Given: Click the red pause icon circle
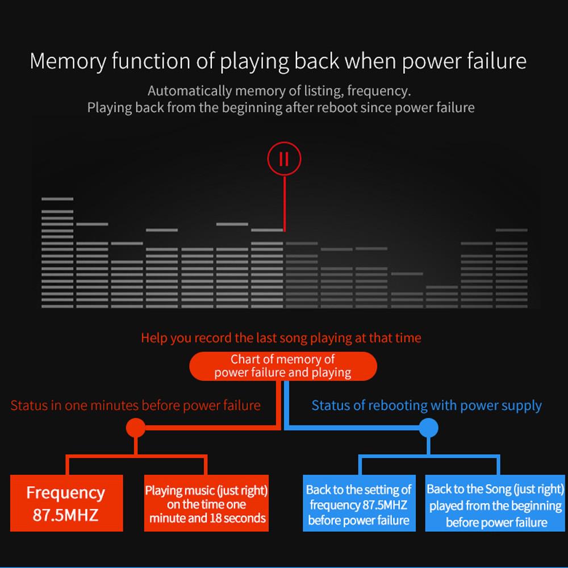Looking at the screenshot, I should [x=284, y=158].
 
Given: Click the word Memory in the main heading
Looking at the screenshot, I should [x=68, y=61].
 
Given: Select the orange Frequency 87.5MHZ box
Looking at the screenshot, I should [x=66, y=503].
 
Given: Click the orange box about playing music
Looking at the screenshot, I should [x=206, y=503].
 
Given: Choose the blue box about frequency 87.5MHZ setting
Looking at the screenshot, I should [x=358, y=504].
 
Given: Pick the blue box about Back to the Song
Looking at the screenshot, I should [x=495, y=504].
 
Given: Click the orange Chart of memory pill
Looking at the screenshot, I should [x=283, y=366].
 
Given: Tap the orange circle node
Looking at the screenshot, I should [x=135, y=428].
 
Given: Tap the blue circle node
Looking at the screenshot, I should [x=429, y=428].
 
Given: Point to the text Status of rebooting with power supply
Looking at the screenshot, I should [x=427, y=406].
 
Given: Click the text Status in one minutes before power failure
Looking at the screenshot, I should [x=135, y=406].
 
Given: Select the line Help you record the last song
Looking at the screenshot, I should [x=281, y=338].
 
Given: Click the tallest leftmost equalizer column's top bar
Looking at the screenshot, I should [x=57, y=199].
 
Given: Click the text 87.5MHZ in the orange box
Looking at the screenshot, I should [x=66, y=515].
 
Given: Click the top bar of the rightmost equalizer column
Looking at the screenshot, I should [x=512, y=230].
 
